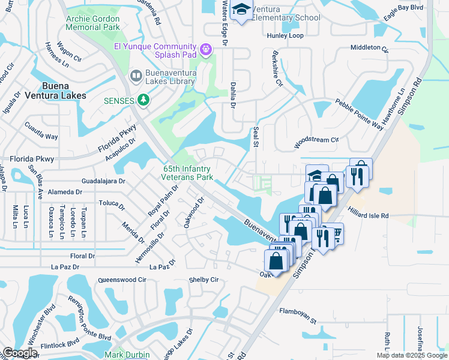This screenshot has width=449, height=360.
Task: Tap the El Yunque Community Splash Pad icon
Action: (x=206, y=49)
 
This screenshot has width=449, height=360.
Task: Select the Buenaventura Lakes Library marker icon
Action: (x=136, y=75)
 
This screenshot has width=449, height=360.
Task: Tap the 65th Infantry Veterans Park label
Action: (x=188, y=173)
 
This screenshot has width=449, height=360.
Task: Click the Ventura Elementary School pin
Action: (x=241, y=10)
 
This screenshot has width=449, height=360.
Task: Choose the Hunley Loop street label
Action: (x=286, y=35)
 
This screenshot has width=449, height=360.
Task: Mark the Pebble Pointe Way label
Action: (x=359, y=114)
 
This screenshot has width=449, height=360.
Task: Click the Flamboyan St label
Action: (x=298, y=312)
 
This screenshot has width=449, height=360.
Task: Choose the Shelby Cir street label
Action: (x=203, y=280)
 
